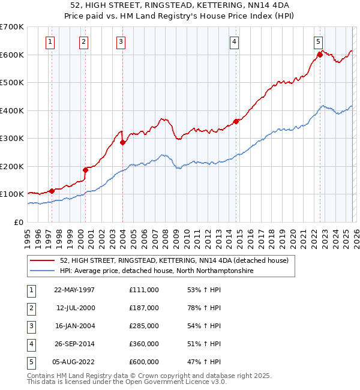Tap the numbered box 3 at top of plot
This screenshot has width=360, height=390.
point(121,41)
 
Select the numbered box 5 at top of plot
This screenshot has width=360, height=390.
point(317,41)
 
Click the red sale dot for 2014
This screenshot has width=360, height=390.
point(236,121)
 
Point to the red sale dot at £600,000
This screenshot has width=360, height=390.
point(319,55)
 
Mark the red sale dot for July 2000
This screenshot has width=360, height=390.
point(85,170)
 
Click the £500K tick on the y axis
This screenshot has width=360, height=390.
point(12,83)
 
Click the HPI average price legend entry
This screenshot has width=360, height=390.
point(156,271)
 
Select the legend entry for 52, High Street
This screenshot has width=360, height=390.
point(174,260)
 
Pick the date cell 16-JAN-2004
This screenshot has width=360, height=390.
point(74,326)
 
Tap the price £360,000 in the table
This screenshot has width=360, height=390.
point(143,344)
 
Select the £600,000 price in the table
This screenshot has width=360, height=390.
point(143,362)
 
